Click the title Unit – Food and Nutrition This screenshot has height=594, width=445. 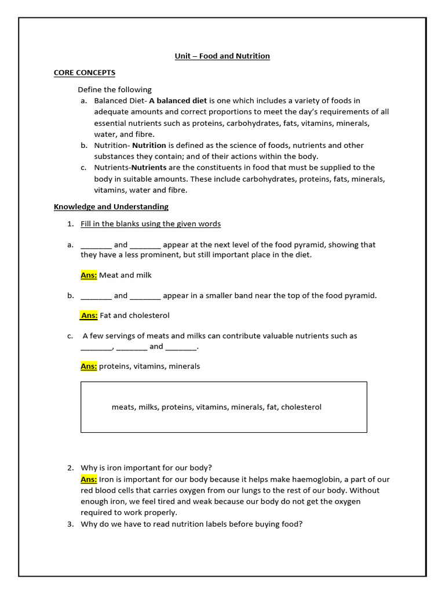click(222, 56)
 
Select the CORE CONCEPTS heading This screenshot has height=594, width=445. click(85, 73)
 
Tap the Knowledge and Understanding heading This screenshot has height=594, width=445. click(111, 207)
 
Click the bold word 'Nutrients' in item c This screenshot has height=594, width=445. click(149, 168)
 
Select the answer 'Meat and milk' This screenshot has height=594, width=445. click(125, 275)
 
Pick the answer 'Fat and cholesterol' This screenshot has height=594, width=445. click(134, 316)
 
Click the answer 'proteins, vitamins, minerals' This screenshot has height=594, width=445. click(149, 367)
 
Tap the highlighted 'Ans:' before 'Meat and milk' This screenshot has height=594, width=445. click(89, 275)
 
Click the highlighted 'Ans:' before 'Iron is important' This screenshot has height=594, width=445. click(89, 479)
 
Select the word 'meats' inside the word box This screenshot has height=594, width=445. click(123, 407)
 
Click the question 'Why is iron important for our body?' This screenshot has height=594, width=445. click(147, 468)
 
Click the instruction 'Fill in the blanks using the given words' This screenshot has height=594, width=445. click(151, 224)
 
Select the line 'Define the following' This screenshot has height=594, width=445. click(115, 90)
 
